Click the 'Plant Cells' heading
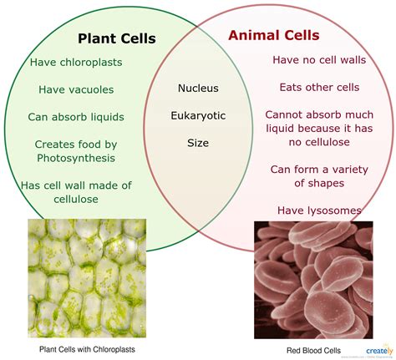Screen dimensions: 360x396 117,38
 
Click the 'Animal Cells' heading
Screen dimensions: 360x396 273,35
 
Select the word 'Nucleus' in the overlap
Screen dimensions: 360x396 198,88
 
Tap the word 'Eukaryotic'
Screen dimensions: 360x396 198,115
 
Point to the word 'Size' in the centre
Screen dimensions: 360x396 198,143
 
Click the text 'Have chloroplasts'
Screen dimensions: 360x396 77,62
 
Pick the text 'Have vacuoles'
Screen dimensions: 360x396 77,89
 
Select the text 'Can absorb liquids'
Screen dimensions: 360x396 77,116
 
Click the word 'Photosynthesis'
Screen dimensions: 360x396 76,157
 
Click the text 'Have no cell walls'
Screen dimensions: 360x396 320,60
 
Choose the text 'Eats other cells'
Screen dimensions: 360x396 320,87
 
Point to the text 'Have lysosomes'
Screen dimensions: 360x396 320,210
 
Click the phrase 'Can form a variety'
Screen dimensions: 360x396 320,169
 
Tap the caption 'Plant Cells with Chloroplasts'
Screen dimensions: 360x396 87,348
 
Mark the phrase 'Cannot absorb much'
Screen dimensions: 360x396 320,114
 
